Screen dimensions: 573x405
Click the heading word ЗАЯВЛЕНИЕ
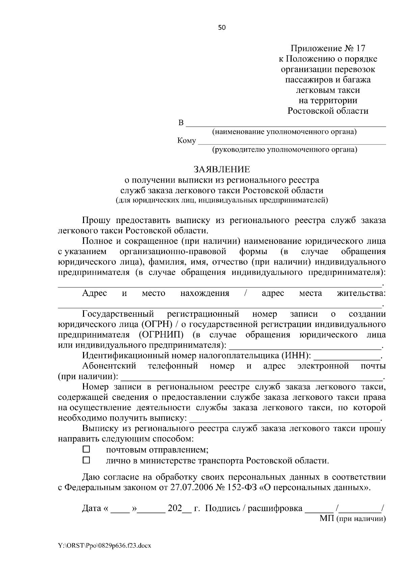pos(221,169)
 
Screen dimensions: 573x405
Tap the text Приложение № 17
pos(328,48)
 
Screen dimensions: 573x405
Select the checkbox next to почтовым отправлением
pos(86,449)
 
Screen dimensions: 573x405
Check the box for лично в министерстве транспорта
pos(86,460)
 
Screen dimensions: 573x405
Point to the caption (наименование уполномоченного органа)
pos(284,132)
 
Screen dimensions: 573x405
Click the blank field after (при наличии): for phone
pos(252,377)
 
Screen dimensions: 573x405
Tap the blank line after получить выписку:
pos(285,419)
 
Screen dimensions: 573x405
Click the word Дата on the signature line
pos(91,509)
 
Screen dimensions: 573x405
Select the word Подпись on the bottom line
pos(222,509)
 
